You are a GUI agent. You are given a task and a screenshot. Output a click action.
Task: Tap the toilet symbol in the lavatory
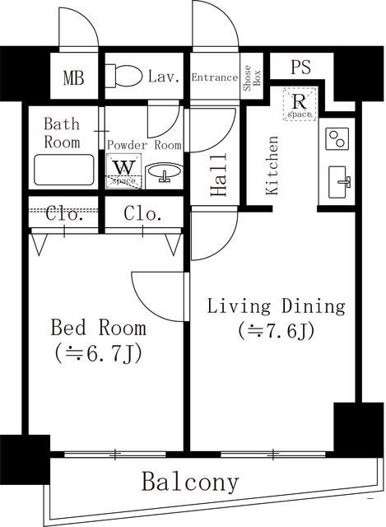(x=124, y=77)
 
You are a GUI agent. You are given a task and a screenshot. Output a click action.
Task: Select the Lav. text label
(x=165, y=77)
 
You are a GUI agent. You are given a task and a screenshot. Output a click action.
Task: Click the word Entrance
(x=214, y=77)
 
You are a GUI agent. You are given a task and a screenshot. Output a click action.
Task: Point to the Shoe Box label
(x=251, y=77)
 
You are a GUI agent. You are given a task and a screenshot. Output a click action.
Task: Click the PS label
(x=300, y=68)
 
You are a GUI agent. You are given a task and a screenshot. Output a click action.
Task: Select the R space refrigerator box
(x=299, y=105)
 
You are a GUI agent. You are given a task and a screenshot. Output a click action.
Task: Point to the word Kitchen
(x=272, y=165)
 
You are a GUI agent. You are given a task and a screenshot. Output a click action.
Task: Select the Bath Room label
(x=62, y=133)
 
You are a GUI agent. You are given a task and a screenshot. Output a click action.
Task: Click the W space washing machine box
(x=123, y=170)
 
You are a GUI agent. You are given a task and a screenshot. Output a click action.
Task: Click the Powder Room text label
(x=144, y=145)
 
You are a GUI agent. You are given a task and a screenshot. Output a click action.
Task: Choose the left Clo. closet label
(x=63, y=216)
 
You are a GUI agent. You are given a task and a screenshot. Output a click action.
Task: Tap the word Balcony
(x=190, y=482)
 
